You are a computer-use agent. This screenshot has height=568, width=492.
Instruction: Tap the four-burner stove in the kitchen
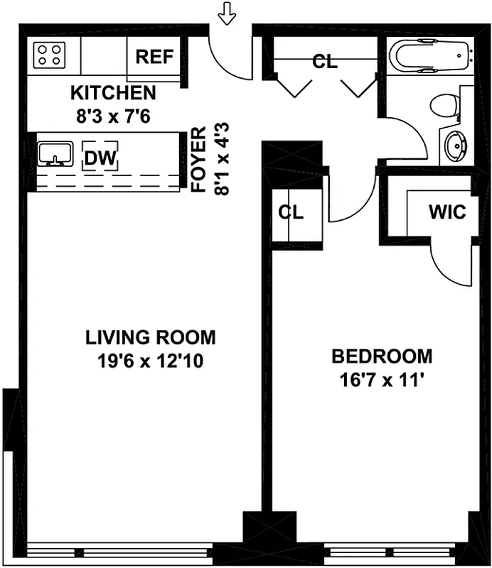pyautogui.click(x=49, y=54)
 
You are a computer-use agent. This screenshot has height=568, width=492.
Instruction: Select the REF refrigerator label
pyautogui.click(x=154, y=57)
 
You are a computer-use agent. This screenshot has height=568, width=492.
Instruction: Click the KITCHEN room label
pyautogui.click(x=113, y=93)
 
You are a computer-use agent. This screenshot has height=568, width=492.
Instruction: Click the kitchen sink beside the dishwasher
pyautogui.click(x=55, y=153)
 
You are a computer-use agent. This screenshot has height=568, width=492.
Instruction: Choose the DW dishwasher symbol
pyautogui.click(x=100, y=157)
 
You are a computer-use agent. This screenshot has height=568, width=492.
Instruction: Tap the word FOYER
pyautogui.click(x=199, y=160)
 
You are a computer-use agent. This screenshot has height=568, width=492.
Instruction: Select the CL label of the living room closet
pyautogui.click(x=291, y=212)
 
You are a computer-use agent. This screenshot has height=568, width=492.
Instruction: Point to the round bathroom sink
pyautogui.click(x=454, y=146)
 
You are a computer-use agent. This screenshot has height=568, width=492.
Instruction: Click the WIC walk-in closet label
pyautogui.click(x=446, y=212)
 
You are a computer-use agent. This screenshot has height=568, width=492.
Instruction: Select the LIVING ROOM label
pyautogui.click(x=150, y=337)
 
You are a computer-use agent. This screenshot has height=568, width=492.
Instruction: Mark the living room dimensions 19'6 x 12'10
pyautogui.click(x=150, y=361)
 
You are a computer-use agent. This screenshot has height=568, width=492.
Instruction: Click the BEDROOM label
pyautogui.click(x=382, y=356)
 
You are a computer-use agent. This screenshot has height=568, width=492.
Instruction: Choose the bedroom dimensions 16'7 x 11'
pyautogui.click(x=382, y=379)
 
